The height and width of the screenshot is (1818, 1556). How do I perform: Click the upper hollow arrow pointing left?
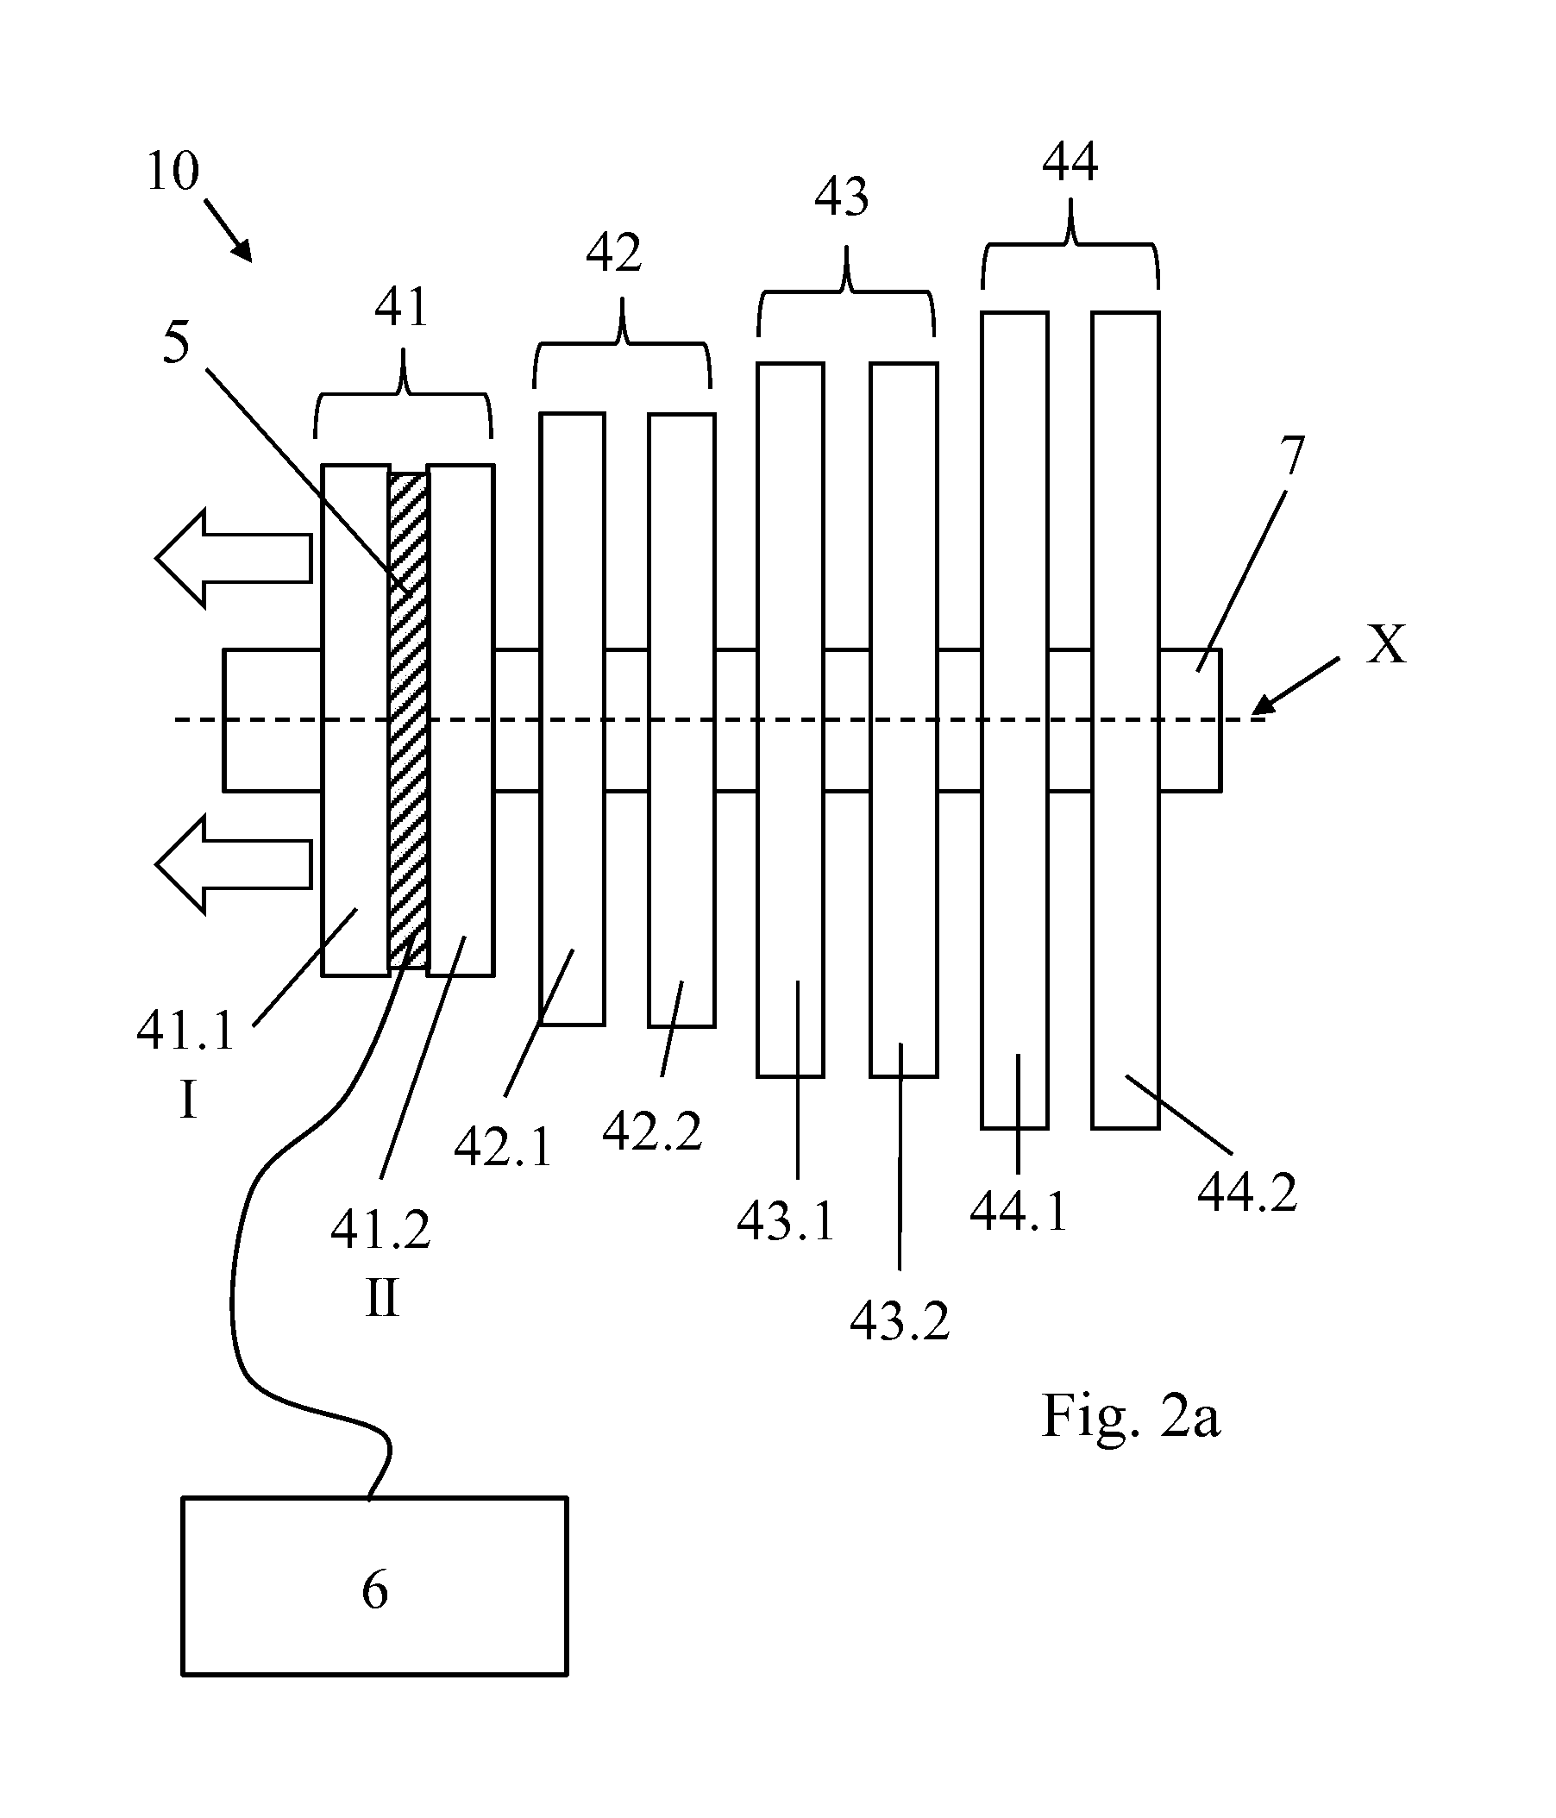click(x=235, y=558)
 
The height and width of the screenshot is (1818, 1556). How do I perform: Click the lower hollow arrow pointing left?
click(x=235, y=864)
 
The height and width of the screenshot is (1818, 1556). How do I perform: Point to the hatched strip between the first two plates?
click(x=408, y=719)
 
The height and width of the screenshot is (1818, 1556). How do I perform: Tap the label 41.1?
click(x=186, y=1030)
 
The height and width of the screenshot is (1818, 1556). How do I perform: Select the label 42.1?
click(x=503, y=1147)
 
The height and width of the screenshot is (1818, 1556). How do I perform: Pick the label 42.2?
click(x=653, y=1131)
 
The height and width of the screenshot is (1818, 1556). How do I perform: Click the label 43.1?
click(x=787, y=1220)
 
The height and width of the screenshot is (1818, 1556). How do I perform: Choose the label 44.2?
click(x=1247, y=1194)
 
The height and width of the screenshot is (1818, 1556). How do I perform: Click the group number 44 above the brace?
click(x=1070, y=161)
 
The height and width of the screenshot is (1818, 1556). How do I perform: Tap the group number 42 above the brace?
click(x=613, y=253)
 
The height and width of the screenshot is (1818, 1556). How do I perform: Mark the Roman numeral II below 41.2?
click(x=382, y=1298)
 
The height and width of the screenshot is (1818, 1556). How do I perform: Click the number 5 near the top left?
click(x=177, y=342)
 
